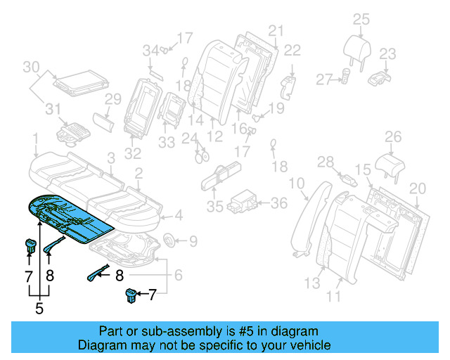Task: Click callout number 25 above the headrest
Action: pyautogui.click(x=361, y=19)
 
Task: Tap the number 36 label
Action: pyautogui.click(x=279, y=203)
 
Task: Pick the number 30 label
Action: pyautogui.click(x=31, y=67)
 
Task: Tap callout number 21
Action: pyautogui.click(x=275, y=30)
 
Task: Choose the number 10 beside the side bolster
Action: pyautogui.click(x=298, y=184)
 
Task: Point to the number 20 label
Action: pyautogui.click(x=418, y=188)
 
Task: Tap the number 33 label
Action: pyautogui.click(x=166, y=143)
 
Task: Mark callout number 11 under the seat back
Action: pyautogui.click(x=333, y=297)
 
